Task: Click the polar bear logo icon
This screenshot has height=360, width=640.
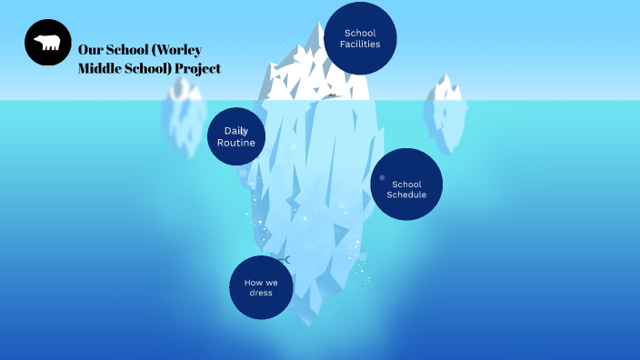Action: click(47, 43)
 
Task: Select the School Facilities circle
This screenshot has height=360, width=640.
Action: click(360, 38)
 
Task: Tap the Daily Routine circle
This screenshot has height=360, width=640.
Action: click(236, 136)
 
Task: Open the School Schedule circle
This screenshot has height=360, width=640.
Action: click(406, 185)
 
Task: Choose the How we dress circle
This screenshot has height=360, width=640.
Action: click(261, 287)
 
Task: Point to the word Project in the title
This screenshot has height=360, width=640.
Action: click(197, 68)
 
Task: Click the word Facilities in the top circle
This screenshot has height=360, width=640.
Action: click(360, 45)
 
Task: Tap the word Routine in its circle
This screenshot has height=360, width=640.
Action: click(236, 143)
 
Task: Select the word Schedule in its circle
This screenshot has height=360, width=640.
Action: click(406, 194)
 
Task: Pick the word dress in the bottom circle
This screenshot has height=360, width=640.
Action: click(261, 293)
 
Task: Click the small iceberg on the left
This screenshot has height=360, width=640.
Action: click(184, 114)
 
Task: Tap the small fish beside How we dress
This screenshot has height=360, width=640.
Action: click(283, 260)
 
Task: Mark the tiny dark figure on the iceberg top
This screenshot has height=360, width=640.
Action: click(333, 95)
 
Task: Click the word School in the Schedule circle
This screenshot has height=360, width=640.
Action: click(406, 184)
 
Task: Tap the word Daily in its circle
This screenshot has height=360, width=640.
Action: click(236, 131)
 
